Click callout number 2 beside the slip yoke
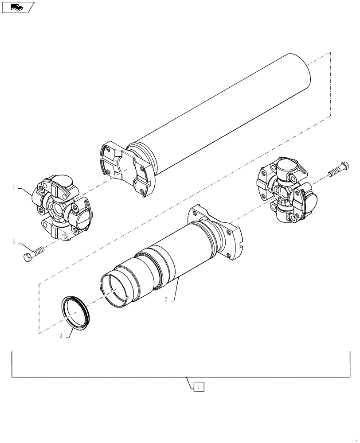[x=166, y=299]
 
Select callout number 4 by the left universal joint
[x=14, y=188]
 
